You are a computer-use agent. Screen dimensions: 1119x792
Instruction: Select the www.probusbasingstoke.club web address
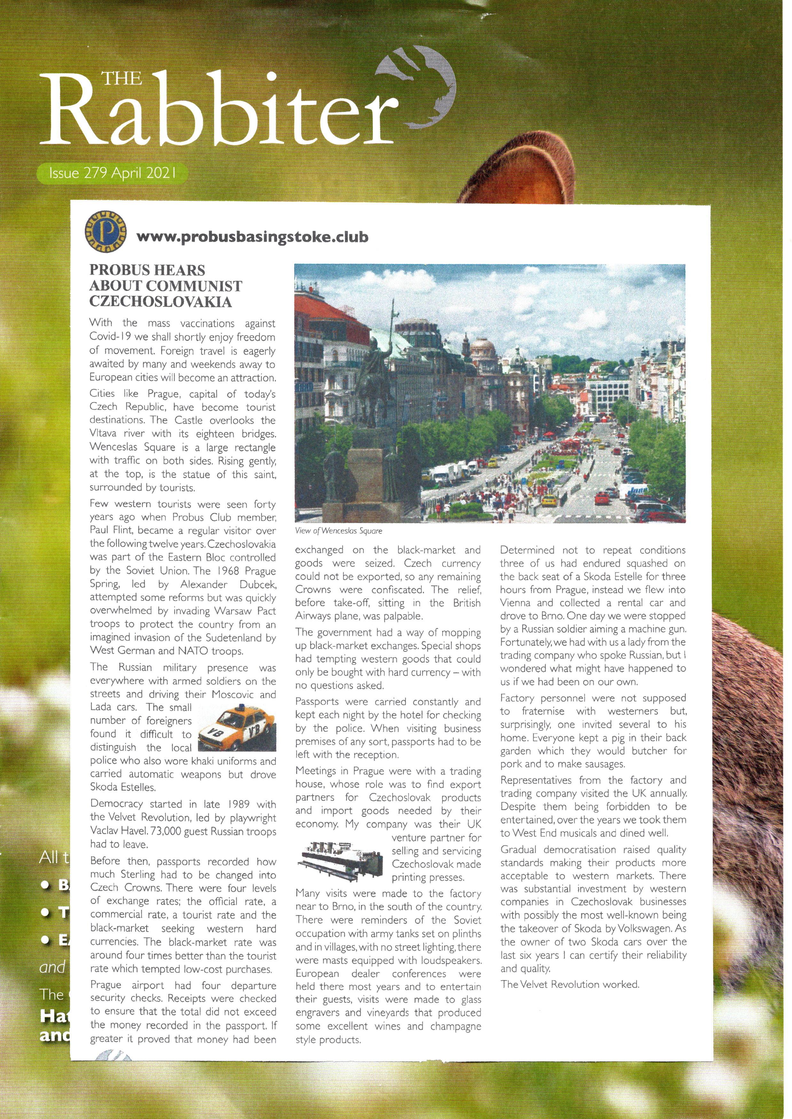pyautogui.click(x=252, y=238)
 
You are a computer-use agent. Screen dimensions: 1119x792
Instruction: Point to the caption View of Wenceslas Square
pyautogui.click(x=339, y=530)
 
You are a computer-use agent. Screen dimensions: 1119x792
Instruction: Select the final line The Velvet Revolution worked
pyautogui.click(x=569, y=984)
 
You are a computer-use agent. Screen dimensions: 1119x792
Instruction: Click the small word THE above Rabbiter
pyautogui.click(x=122, y=78)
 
